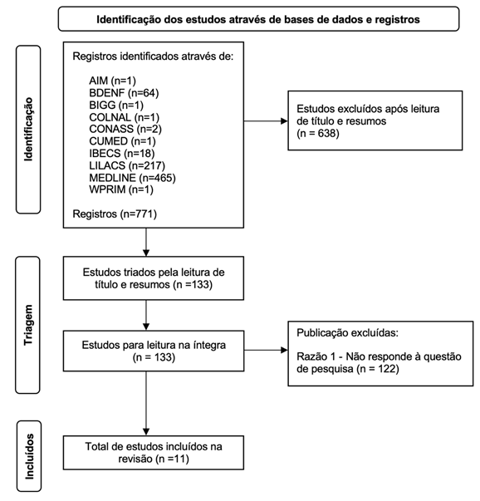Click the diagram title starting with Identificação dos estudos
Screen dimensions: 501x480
[x=257, y=18]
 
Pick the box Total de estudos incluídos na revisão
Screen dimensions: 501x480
[x=146, y=453]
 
